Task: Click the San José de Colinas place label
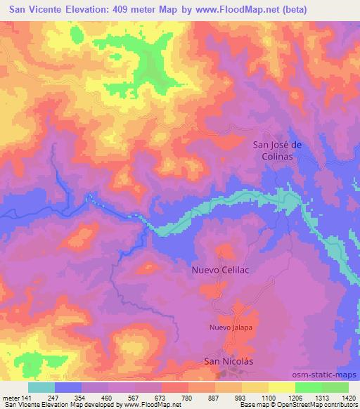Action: click(x=277, y=151)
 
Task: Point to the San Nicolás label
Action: click(x=227, y=361)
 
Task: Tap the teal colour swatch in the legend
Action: click(x=41, y=387)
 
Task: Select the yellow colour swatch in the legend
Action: click(x=280, y=387)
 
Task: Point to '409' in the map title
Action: click(x=124, y=7)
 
